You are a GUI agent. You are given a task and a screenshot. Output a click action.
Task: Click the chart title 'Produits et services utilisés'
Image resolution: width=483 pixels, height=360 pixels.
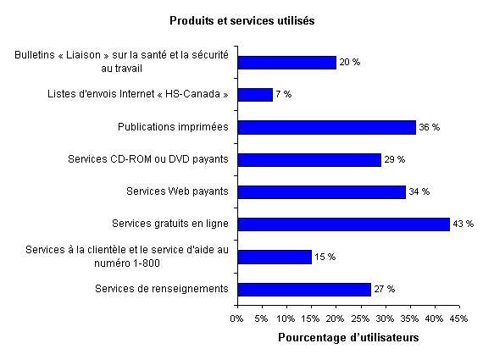tap(241, 20)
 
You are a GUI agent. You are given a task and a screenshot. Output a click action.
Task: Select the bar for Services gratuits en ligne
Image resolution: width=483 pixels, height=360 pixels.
tap(343, 224)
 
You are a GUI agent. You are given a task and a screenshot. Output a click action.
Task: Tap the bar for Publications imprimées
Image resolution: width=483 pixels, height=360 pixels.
tap(326, 127)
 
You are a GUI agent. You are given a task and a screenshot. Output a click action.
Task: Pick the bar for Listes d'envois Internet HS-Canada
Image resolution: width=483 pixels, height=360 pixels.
tap(255, 95)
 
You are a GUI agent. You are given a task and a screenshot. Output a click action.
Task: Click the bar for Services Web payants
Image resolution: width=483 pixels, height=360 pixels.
tap(321, 192)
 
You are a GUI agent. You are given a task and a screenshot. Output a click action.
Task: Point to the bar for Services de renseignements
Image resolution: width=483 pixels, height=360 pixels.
tap(304, 290)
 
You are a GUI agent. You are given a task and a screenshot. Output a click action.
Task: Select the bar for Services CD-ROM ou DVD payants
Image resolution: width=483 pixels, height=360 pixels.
tap(309, 160)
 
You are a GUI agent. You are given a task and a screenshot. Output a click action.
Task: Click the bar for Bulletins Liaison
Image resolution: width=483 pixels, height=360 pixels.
tap(286, 63)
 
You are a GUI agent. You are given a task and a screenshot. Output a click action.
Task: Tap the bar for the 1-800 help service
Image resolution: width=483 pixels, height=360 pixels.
tap(275, 257)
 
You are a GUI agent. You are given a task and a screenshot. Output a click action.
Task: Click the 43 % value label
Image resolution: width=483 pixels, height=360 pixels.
tap(463, 224)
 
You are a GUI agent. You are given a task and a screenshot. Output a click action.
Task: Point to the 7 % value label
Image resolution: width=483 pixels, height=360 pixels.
tap(284, 95)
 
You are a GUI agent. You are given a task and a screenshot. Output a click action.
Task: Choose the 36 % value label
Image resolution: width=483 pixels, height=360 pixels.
tap(430, 127)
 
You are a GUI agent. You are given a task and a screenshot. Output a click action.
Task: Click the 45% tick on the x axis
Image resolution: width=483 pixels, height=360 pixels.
tap(458, 318)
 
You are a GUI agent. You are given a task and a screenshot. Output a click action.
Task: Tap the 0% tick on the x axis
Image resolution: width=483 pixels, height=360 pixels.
tap(237, 318)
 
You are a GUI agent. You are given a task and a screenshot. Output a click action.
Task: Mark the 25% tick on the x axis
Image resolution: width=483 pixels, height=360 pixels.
tap(360, 318)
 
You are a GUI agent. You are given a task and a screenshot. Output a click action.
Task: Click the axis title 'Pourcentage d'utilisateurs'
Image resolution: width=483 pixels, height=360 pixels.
tap(348, 337)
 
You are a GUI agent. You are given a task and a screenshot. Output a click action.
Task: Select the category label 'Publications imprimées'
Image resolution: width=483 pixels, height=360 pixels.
tap(174, 127)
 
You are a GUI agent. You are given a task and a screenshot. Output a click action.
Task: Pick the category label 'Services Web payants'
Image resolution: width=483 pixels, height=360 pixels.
tap(177, 192)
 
